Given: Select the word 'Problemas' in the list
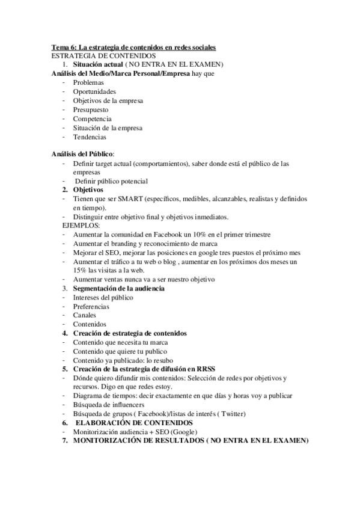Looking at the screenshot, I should point(88,82).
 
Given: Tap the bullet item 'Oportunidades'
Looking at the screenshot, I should point(95,91).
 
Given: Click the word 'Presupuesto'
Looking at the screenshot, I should point(91,109).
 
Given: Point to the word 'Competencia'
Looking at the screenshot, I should point(92,118).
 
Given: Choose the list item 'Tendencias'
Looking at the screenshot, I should point(90,137).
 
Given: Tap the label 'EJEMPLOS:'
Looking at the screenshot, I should point(81,225).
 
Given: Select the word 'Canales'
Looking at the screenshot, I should point(85,315).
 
